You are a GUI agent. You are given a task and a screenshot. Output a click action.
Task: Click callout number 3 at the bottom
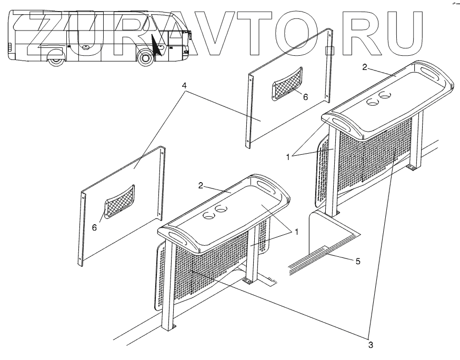(x=371, y=345)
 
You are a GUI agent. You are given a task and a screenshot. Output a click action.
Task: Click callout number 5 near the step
(x=358, y=261)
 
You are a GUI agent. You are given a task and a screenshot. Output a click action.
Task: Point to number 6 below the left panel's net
(x=94, y=227)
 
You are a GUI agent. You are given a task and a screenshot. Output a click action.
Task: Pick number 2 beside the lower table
(x=201, y=186)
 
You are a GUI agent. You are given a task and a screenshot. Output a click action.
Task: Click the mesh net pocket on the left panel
(x=120, y=201)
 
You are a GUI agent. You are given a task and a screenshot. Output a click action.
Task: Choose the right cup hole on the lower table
(x=222, y=210)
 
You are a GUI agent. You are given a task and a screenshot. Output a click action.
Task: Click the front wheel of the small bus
(x=146, y=58)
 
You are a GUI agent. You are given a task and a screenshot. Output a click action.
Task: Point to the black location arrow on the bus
(x=157, y=46)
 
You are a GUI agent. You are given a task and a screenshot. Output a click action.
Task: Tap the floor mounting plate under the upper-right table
(x=411, y=168)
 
